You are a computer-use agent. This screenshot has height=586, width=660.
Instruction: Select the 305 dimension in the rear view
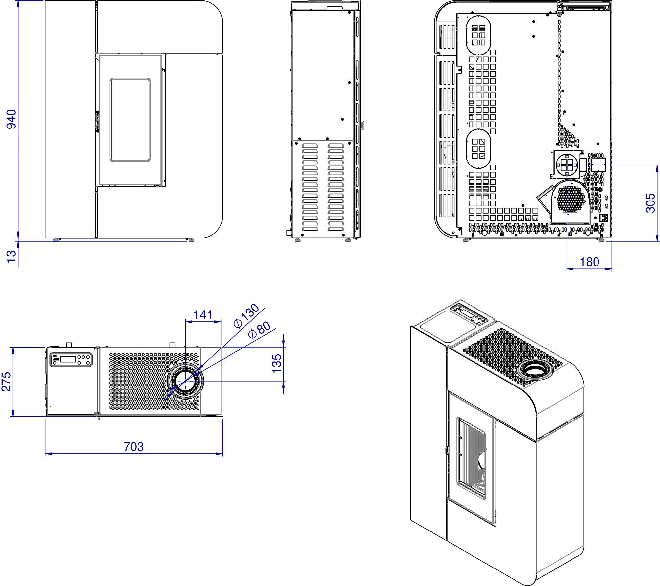coord(650,203)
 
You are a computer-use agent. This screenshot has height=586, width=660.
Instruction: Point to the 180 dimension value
coord(589,262)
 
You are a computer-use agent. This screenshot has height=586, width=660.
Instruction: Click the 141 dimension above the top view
coord(203,315)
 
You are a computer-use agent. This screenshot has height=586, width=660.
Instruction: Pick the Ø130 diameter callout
coord(246,315)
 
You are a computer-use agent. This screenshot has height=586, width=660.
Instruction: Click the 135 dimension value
coord(277,363)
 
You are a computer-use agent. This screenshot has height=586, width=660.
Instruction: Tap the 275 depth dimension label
coord(7,382)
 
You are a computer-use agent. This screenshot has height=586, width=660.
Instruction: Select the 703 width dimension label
coord(134,447)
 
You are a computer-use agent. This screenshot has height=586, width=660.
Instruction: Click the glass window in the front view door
coord(130,120)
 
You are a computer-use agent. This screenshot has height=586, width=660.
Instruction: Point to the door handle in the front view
coord(97,121)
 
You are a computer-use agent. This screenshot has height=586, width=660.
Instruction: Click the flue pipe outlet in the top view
coord(185,381)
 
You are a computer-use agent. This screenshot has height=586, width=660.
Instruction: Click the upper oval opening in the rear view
coord(478,35)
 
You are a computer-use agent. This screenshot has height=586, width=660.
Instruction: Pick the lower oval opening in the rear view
coord(478,149)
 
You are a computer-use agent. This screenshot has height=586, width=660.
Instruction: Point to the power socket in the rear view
coord(604,218)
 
